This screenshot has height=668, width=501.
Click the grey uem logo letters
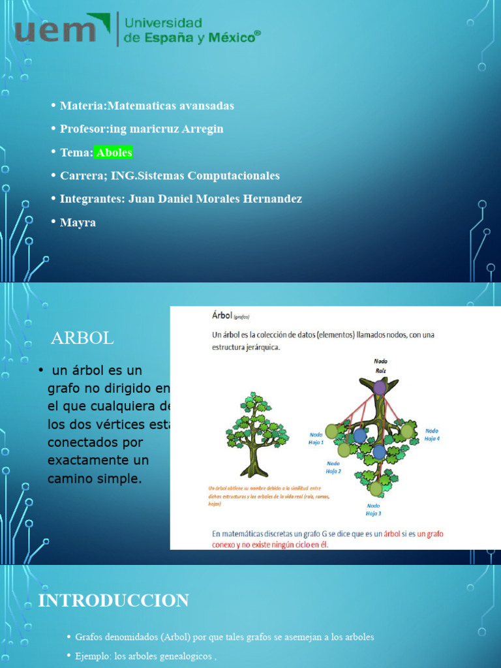55,31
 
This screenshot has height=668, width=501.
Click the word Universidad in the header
163,24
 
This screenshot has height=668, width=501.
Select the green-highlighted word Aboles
114,153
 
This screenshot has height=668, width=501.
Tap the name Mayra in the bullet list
78,222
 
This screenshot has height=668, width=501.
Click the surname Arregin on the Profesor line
199,129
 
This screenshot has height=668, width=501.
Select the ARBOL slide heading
82,338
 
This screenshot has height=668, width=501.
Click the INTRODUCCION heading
114,600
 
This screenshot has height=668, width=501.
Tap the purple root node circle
380,387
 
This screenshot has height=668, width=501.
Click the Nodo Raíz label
380,365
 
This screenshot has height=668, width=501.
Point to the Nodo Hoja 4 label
432,434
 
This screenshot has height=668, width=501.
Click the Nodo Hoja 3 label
373,509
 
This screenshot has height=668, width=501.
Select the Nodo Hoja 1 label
316,437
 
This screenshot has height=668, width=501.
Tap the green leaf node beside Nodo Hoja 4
407,431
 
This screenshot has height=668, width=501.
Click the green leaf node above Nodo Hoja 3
376,489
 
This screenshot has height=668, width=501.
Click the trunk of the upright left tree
253,459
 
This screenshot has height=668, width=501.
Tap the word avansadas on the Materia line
204,106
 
